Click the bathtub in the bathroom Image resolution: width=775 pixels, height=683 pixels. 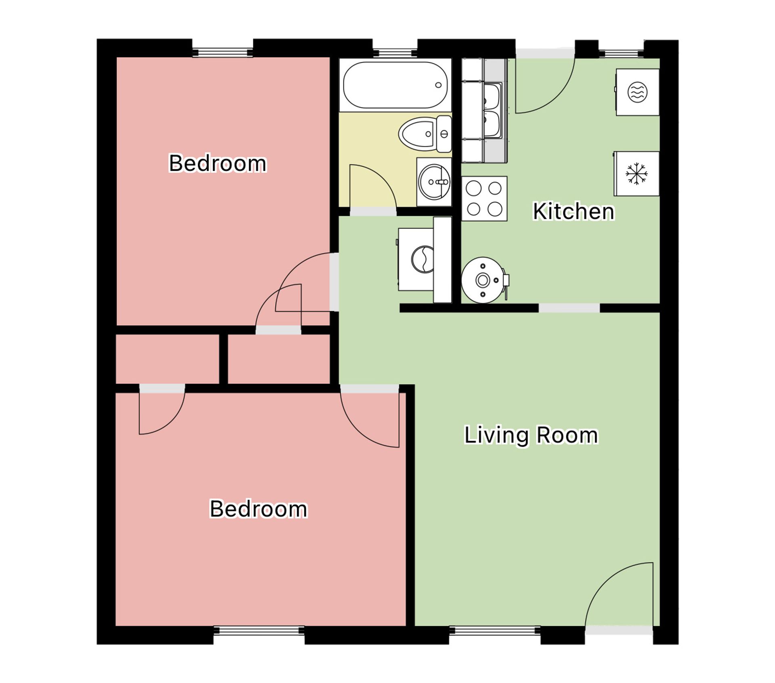(395, 85)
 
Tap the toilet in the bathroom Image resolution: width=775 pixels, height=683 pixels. (425, 134)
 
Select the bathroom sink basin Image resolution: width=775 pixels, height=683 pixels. (434, 182)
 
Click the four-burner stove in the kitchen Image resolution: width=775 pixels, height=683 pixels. (484, 199)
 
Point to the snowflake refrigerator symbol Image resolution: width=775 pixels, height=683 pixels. (637, 174)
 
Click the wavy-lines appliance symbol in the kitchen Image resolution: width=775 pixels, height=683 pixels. (637, 92)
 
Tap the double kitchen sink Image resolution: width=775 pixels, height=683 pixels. (493, 110)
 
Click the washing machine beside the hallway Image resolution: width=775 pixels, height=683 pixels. (417, 259)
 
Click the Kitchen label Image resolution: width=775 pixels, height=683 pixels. (574, 211)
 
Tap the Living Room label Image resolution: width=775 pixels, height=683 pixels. (531, 435)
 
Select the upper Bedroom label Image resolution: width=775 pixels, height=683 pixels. (218, 163)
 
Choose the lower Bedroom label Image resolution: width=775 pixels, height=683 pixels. (258, 509)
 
